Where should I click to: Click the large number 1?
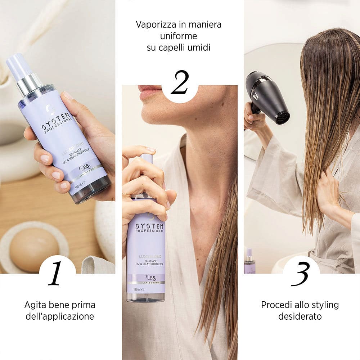click(x=56, y=274)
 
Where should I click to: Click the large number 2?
click(x=180, y=82)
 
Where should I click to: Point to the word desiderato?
click(x=300, y=316)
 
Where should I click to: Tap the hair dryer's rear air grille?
click(x=283, y=117)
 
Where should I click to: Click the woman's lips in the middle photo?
click(x=148, y=92)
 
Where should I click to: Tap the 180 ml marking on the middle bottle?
click(x=136, y=289)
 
